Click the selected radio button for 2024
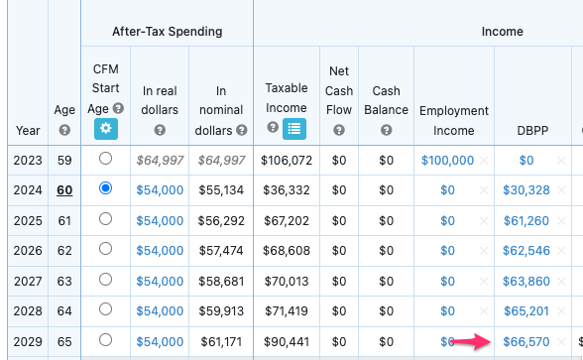(x=106, y=187)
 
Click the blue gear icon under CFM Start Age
(x=105, y=129)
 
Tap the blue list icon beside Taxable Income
(x=293, y=128)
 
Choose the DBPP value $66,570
(x=526, y=341)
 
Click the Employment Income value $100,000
(x=447, y=159)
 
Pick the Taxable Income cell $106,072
(x=287, y=159)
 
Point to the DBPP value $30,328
(x=526, y=189)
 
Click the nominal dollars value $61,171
(x=221, y=341)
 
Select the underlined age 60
(x=64, y=189)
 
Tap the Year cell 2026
(x=27, y=250)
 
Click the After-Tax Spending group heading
(x=167, y=32)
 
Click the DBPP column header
(x=525, y=130)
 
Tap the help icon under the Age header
(x=64, y=130)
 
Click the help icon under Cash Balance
(x=386, y=130)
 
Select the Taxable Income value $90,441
(x=287, y=341)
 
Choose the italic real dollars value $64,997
(x=160, y=159)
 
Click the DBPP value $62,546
(x=526, y=250)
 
